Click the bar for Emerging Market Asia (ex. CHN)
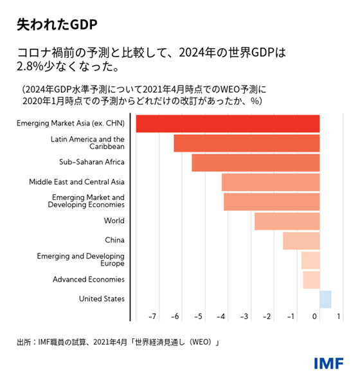[228, 123]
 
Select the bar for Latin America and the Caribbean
[246, 143]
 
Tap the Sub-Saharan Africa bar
[255, 163]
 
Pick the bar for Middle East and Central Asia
[270, 182]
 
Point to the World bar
[287, 221]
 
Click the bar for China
[301, 241]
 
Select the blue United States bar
[325, 299]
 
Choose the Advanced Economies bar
[311, 280]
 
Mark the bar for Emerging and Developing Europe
[310, 260]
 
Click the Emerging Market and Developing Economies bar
[271, 201]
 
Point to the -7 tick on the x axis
[152, 316]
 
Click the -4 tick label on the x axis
[221, 316]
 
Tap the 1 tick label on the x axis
[338, 316]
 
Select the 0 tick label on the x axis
[315, 316]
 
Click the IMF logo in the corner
[328, 362]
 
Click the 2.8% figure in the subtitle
[30, 66]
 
